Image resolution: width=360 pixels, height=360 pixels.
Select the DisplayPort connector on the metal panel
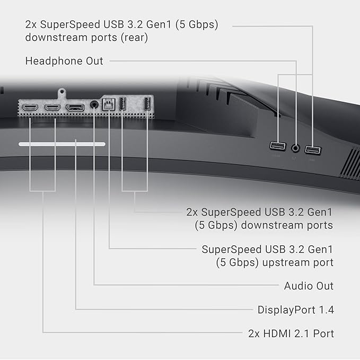(75, 108)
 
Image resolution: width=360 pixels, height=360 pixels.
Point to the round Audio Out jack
(95, 105)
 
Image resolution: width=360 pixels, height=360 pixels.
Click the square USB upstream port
(109, 104)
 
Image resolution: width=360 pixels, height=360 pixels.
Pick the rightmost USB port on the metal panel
(147, 104)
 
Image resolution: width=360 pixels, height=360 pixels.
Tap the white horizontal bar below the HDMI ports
(62, 144)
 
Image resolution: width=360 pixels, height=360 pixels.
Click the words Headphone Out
(64, 61)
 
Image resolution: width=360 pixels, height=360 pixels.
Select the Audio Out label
(309, 286)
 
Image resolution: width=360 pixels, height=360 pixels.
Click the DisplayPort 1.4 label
(295, 310)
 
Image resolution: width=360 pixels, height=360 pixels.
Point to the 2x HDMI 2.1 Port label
(291, 333)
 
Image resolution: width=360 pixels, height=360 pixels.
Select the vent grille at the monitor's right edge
(349, 162)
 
